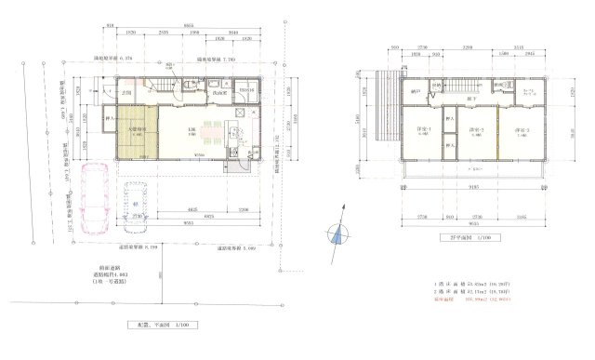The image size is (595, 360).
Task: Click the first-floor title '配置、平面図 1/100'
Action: (x=159, y=325)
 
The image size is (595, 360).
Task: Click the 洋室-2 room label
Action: (x=478, y=130)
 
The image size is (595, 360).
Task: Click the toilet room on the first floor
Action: (x=188, y=89)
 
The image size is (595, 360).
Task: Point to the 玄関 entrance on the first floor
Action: (x=130, y=94)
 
